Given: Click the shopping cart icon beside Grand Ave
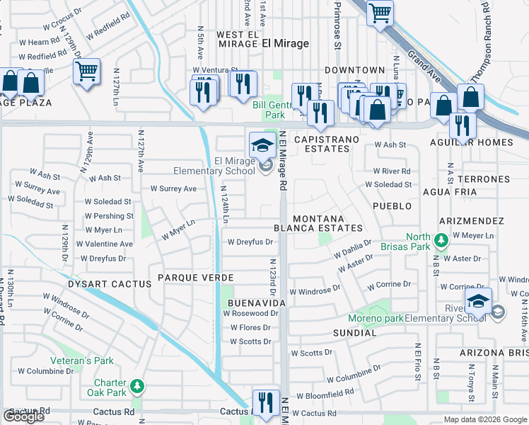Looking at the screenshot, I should [x=380, y=13].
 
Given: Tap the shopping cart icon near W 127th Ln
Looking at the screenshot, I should [x=86, y=71].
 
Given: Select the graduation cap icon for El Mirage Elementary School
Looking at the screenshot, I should [x=262, y=145].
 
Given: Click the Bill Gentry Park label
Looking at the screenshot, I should [x=269, y=110].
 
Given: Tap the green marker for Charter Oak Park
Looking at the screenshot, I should [x=138, y=385].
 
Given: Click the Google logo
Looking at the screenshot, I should [x=23, y=416].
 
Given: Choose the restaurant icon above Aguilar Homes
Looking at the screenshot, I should [x=463, y=125].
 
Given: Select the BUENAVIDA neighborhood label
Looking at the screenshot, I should [x=256, y=302].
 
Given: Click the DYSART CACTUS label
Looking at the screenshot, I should [x=109, y=284].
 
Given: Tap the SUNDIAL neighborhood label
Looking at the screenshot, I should [x=356, y=331].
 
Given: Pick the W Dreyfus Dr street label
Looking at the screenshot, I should [x=250, y=242].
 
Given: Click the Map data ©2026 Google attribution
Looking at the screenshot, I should [x=485, y=419].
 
